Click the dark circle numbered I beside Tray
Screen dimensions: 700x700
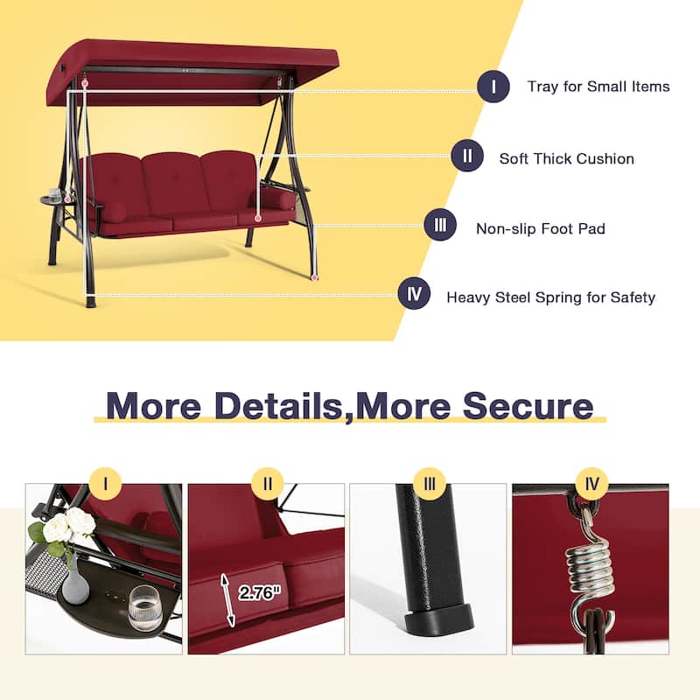click(x=493, y=87)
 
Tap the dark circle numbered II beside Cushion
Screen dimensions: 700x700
click(x=467, y=157)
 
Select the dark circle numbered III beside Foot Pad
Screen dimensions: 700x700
click(x=439, y=227)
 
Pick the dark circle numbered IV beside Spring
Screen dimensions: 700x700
click(x=414, y=295)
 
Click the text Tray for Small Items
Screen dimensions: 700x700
click(x=598, y=87)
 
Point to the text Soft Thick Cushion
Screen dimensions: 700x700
click(x=566, y=158)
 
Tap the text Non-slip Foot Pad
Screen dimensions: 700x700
click(x=541, y=228)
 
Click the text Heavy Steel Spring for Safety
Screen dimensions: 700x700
click(x=550, y=297)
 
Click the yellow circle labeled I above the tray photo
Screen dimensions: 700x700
click(x=106, y=483)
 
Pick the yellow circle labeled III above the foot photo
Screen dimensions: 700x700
click(x=429, y=483)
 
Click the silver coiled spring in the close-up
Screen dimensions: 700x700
click(x=588, y=567)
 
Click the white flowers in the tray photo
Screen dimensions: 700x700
click(x=68, y=527)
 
